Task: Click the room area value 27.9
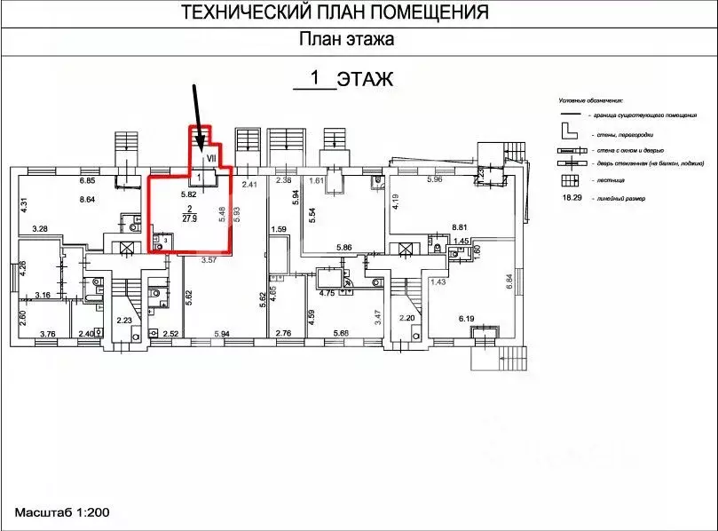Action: [x=189, y=218]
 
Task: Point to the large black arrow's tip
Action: [x=202, y=147]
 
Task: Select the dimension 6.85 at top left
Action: [x=87, y=181]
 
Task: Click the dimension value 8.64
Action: [x=87, y=200]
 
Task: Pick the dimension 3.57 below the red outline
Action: [x=209, y=260]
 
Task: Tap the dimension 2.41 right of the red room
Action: [x=249, y=185]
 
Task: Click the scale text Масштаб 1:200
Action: [x=61, y=513]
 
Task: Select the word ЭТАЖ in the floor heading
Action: [x=367, y=80]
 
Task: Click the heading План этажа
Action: [x=346, y=39]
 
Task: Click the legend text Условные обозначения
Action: [x=591, y=102]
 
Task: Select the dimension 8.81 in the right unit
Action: [x=485, y=226]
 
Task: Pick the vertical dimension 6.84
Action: [x=509, y=285]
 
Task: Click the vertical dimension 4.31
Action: [x=25, y=203]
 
